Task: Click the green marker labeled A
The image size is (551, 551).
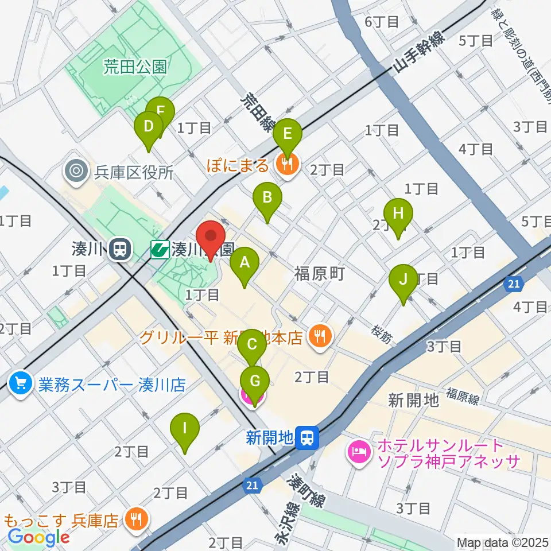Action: (x=245, y=263)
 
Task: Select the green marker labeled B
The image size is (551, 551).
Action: (x=267, y=199)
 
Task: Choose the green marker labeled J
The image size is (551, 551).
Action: (x=403, y=280)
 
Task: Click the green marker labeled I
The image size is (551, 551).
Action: (x=185, y=429)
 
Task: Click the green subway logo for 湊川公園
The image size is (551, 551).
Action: (x=160, y=249)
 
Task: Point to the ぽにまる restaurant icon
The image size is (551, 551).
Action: (x=286, y=165)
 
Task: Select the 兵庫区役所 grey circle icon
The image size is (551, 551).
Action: (x=75, y=171)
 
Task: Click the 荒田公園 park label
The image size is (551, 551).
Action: (x=135, y=68)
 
